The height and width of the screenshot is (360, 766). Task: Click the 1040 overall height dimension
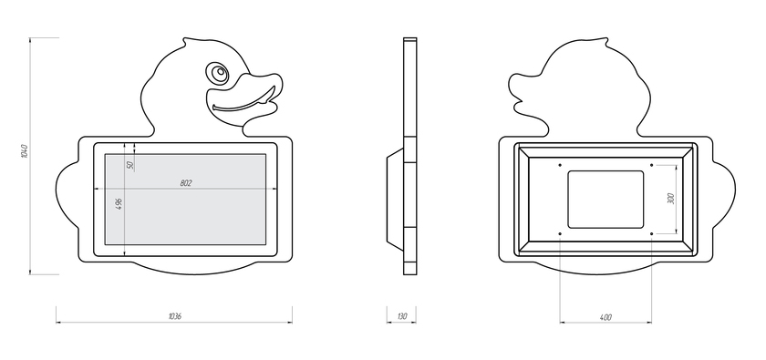25,151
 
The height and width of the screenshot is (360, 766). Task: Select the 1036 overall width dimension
174,316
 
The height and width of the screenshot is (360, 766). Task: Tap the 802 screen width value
186,183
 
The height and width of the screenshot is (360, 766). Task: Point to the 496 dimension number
119,204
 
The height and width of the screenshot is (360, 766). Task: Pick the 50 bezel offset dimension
129,165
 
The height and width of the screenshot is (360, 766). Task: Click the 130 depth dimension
401,316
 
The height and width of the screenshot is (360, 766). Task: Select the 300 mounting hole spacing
671,199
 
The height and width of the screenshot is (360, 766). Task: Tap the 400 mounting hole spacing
606,317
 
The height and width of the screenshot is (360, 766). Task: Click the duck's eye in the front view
218,74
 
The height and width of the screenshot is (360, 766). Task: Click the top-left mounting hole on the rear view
560,165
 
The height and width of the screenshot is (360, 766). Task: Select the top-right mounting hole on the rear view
652,165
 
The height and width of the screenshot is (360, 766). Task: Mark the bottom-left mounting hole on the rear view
560,234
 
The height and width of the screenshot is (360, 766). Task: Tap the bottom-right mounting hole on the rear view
652,234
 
